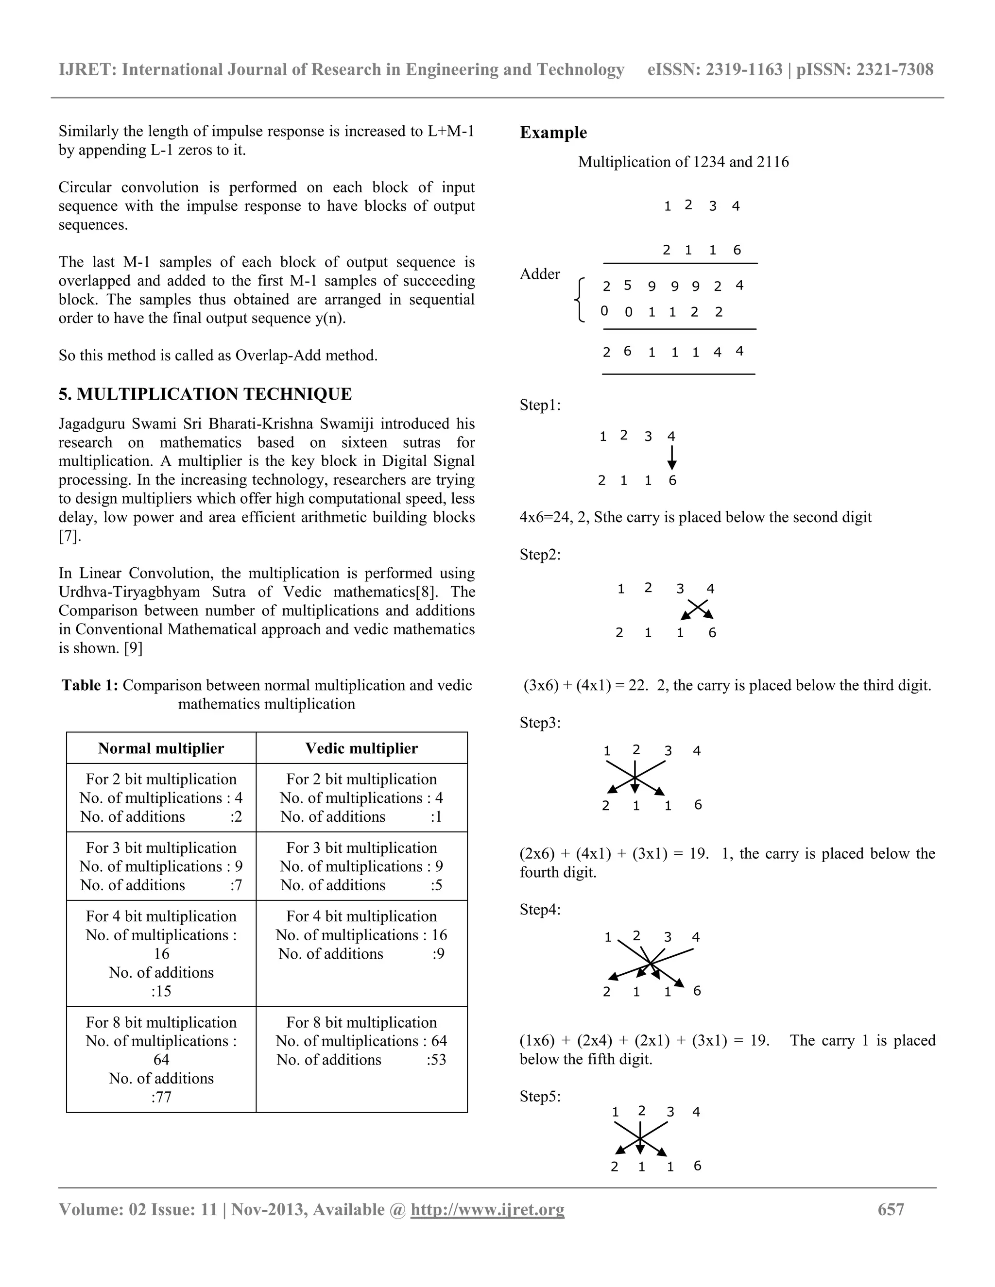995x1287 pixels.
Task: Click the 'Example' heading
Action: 553,133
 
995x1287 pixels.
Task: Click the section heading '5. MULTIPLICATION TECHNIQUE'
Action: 205,394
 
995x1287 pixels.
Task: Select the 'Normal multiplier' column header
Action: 161,748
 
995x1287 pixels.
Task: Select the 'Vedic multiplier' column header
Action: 361,748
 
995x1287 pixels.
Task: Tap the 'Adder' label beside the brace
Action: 539,274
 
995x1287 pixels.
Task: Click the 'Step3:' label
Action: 540,723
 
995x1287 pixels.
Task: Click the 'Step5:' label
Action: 540,1097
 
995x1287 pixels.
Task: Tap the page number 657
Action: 891,1210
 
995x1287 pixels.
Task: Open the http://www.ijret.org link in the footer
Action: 487,1210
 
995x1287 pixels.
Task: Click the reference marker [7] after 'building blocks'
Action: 69,537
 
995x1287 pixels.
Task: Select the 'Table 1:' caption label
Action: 90,685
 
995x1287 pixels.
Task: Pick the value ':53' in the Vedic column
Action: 436,1060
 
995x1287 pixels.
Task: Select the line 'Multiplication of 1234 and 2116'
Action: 683,162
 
